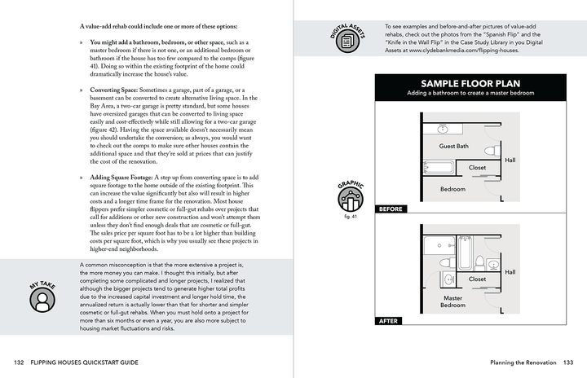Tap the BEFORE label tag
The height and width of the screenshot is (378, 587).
[x=392, y=209]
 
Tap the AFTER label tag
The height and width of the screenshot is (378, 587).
[x=389, y=321]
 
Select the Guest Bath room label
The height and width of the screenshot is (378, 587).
[x=453, y=147]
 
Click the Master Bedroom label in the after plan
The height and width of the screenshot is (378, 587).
[x=452, y=301]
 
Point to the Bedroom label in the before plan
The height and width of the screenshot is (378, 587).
[x=452, y=188]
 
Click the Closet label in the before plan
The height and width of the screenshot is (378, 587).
[x=477, y=168]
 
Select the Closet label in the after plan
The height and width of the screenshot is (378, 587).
[x=477, y=279]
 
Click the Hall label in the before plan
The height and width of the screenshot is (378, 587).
[x=510, y=160]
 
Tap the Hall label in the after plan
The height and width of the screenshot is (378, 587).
[x=510, y=272]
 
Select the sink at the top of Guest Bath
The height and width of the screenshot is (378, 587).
[x=443, y=130]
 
